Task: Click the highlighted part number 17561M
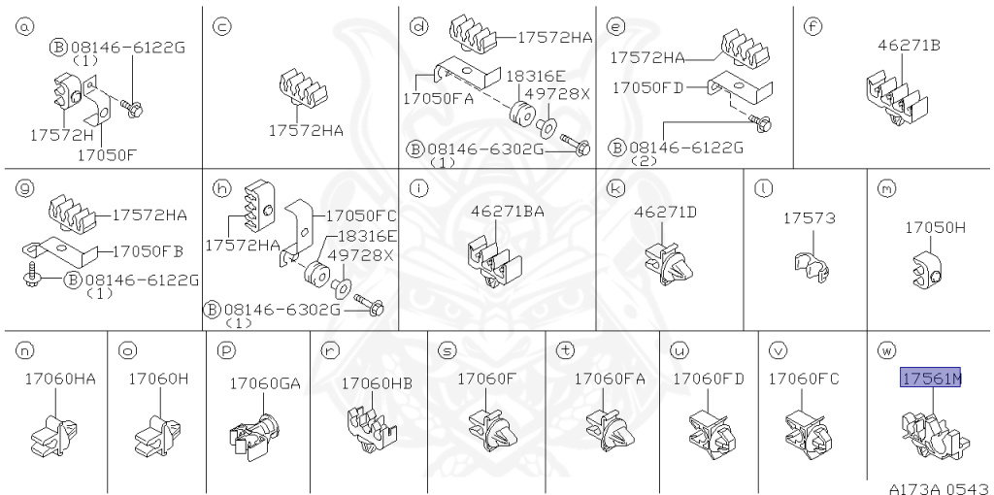931,379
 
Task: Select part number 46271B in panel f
909,45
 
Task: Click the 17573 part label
810,218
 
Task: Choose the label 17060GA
265,383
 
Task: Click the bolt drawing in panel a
131,107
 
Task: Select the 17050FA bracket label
439,100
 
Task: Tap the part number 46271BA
507,212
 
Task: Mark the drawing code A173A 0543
939,488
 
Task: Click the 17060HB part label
378,383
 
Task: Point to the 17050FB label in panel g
148,251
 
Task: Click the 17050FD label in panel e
647,87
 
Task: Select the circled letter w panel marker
886,349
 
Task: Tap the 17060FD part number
708,379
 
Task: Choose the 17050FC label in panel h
361,215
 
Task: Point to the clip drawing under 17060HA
55,436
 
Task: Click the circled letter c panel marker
221,26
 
